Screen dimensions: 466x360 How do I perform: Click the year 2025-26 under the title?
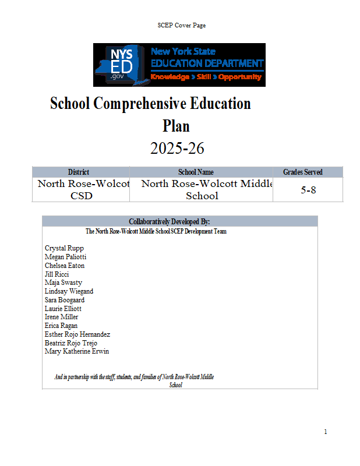pyautogui.click(x=177, y=149)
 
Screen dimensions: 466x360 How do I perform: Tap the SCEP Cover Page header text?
pyautogui.click(x=181, y=25)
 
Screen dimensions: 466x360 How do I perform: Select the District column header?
pyautogui.click(x=79, y=172)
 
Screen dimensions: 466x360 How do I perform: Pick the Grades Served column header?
pyautogui.click(x=303, y=172)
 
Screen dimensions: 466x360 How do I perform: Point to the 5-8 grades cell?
pyautogui.click(x=308, y=190)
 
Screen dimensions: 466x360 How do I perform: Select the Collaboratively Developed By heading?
pyautogui.click(x=169, y=221)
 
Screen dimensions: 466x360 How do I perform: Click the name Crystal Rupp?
pyautogui.click(x=64, y=248)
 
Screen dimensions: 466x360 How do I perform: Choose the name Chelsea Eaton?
pyautogui.click(x=65, y=266)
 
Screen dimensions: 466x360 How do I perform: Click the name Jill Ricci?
pyautogui.click(x=57, y=274)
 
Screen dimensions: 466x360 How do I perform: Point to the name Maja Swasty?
pyautogui.click(x=63, y=283)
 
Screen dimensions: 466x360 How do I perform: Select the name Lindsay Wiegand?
pyautogui.click(x=69, y=291)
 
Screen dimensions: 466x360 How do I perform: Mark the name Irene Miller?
pyautogui.click(x=62, y=317)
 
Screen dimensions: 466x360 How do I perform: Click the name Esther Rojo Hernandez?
pyautogui.click(x=77, y=334)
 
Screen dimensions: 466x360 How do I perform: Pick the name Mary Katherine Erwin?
pyautogui.click(x=77, y=351)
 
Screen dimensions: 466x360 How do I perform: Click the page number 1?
pyautogui.click(x=326, y=432)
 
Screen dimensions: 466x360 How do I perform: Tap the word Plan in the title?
pyautogui.click(x=177, y=125)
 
